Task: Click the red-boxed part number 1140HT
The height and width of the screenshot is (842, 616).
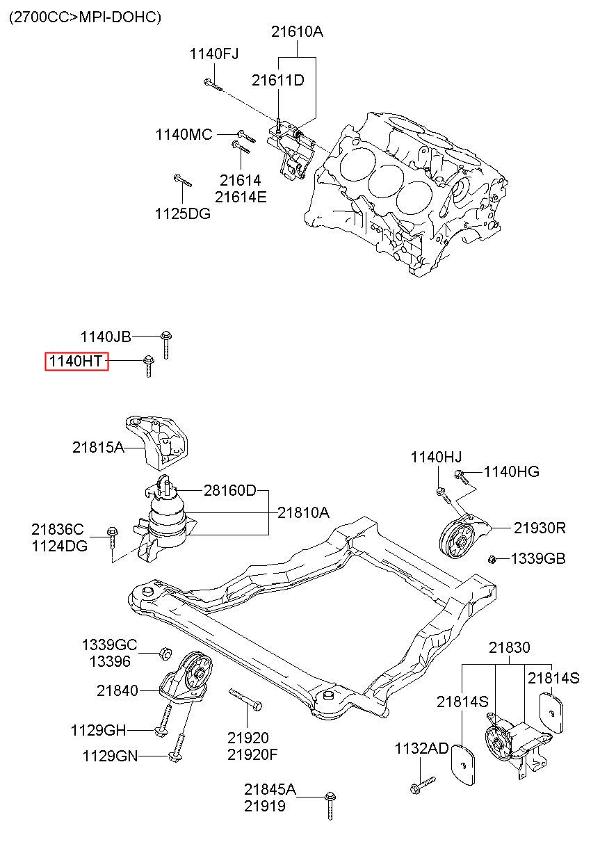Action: point(76,362)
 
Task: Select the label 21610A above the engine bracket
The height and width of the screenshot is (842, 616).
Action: point(297,32)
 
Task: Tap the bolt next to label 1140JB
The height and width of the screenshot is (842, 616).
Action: point(165,344)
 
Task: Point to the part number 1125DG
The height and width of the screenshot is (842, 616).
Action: point(183,214)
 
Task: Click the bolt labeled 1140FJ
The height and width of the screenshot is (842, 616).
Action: point(213,86)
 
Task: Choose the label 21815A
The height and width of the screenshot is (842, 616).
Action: point(98,447)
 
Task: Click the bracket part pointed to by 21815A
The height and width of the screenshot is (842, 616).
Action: point(157,443)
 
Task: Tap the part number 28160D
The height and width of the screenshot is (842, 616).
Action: point(229,490)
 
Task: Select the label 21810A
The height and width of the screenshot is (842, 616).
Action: point(303,512)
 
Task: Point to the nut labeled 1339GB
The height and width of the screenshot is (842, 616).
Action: point(492,560)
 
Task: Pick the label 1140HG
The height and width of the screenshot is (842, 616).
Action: point(511,471)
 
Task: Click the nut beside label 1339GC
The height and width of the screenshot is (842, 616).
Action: point(165,654)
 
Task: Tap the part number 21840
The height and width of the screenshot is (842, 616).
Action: point(117,690)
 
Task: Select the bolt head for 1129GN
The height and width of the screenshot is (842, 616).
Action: point(175,756)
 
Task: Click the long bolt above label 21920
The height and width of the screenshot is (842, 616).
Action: point(245,699)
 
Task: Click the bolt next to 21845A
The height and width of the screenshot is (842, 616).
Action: point(330,813)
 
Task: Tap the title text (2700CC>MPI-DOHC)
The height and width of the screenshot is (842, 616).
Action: point(85,17)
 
